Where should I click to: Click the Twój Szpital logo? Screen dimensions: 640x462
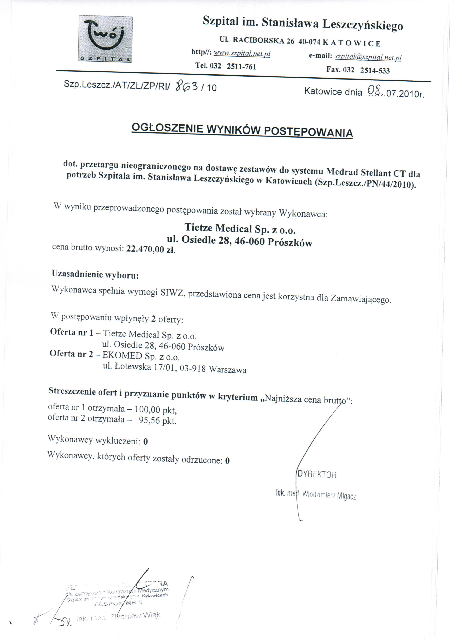coord(105,39)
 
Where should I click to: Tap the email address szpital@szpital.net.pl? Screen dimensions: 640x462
coord(368,57)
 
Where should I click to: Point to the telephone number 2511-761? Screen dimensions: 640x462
coord(241,67)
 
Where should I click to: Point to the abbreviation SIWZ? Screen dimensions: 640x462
coord(172,293)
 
